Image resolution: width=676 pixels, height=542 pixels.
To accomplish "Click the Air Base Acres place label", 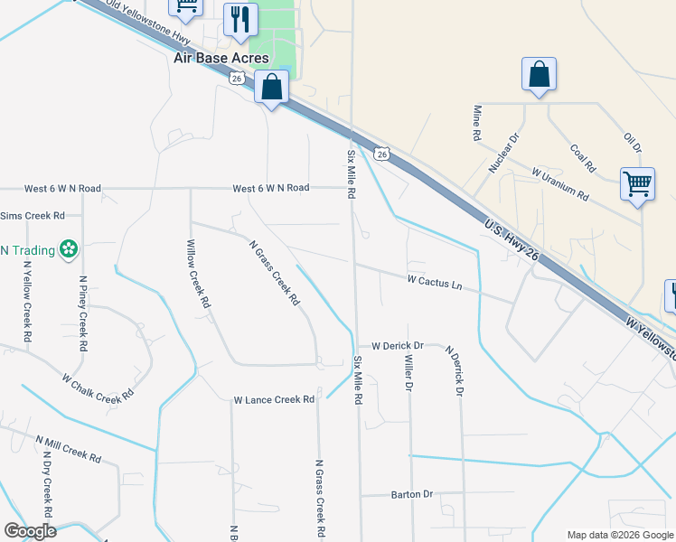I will pyautogui.click(x=221, y=58).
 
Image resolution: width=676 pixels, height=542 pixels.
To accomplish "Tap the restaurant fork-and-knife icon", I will pyautogui.click(x=240, y=19).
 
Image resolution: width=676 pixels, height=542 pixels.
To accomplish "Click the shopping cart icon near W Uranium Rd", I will pyautogui.click(x=637, y=184).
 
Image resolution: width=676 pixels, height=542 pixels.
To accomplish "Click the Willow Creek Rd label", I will pyautogui.click(x=197, y=275).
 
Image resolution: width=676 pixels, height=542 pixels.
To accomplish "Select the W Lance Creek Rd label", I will pyautogui.click(x=273, y=399).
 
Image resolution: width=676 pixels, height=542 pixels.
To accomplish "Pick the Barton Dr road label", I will pyautogui.click(x=412, y=494).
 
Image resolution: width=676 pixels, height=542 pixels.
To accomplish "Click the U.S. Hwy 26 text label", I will pyautogui.click(x=512, y=239).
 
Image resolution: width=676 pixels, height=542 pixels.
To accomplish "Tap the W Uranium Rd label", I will pyautogui.click(x=560, y=182).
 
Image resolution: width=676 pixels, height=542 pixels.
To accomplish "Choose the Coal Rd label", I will pyautogui.click(x=583, y=158).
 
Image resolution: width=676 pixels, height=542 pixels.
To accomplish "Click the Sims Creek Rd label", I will pyautogui.click(x=33, y=216).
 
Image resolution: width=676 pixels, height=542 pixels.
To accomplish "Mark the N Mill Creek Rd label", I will pyautogui.click(x=68, y=449).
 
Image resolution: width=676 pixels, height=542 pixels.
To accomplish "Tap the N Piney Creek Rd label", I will pyautogui.click(x=82, y=313).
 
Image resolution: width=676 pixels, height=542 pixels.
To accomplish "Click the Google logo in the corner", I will pyautogui.click(x=30, y=531).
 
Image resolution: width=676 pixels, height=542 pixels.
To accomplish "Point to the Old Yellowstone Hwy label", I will pyautogui.click(x=143, y=19).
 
